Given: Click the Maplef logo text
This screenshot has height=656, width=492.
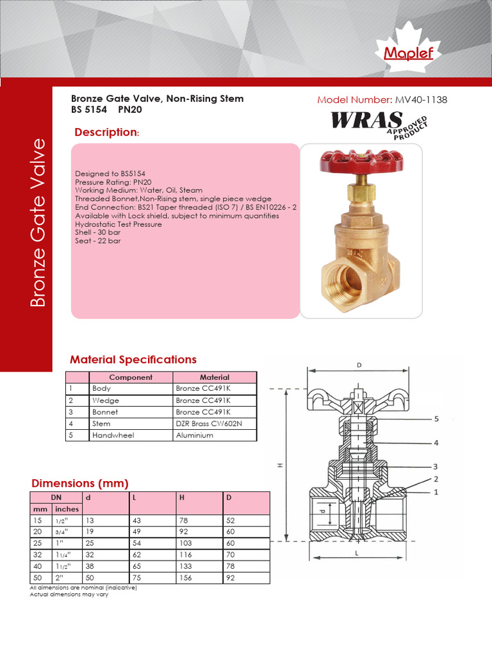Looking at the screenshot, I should pos(409,53).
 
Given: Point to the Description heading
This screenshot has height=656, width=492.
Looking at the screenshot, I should pos(106,133).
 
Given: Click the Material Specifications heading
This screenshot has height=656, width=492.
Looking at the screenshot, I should pos(133,359).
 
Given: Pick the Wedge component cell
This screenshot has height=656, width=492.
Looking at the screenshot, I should pos(106,400).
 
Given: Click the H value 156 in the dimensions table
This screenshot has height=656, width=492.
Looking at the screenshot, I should pos(186,578).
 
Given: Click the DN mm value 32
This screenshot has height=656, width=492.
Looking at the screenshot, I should pos(38,555).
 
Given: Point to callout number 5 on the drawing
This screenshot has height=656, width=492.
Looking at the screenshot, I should pos(436,419).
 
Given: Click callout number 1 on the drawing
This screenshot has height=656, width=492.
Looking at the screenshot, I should pos(436,492).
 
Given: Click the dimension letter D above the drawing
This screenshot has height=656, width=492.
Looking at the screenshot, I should pos(359,365).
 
